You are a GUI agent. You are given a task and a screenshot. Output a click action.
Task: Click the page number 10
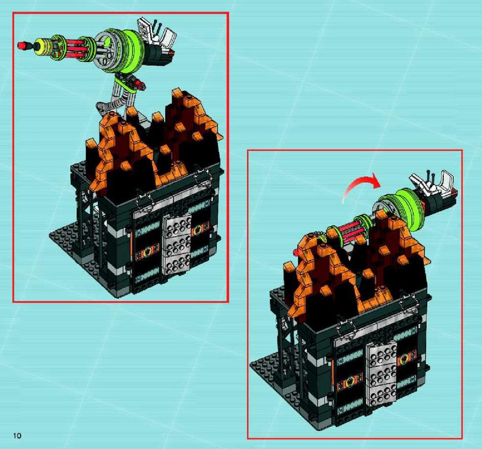tap(17, 435)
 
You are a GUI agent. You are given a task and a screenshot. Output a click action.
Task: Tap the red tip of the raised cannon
tap(22, 46)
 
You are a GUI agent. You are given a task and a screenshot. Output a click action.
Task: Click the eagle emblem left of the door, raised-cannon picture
tap(148, 252)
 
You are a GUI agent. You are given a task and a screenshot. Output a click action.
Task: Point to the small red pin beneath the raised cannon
tap(141, 82)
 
